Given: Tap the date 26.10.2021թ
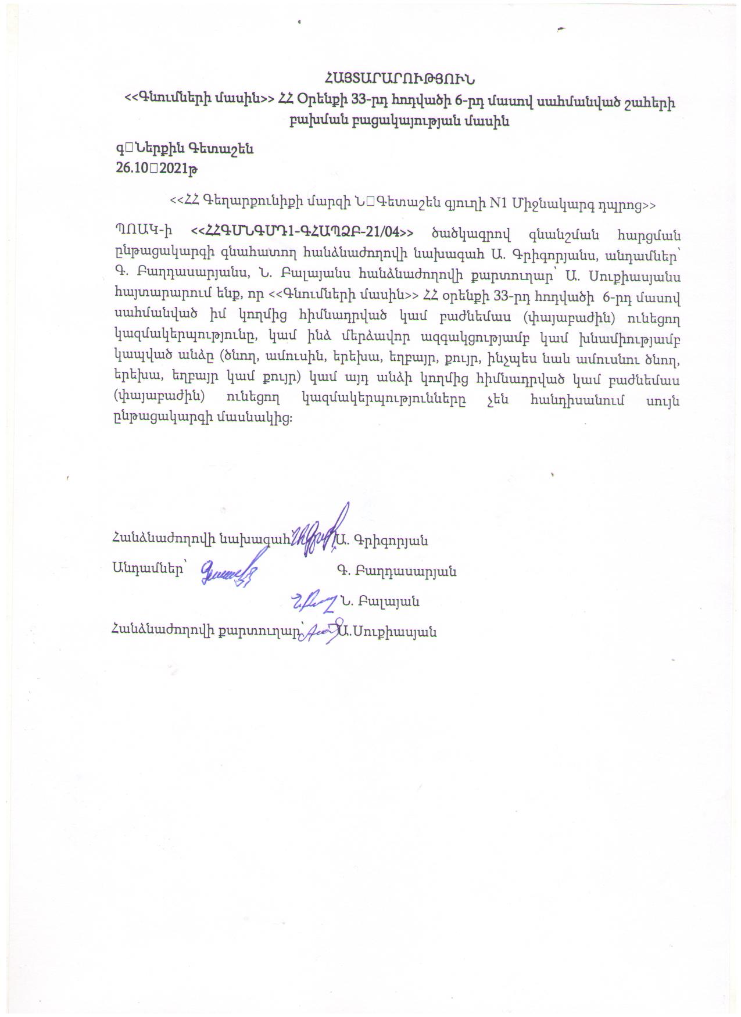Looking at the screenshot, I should (x=157, y=169).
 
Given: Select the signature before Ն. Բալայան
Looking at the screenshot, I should (x=314, y=602).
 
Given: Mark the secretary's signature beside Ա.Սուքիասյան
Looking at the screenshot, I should (x=321, y=631).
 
